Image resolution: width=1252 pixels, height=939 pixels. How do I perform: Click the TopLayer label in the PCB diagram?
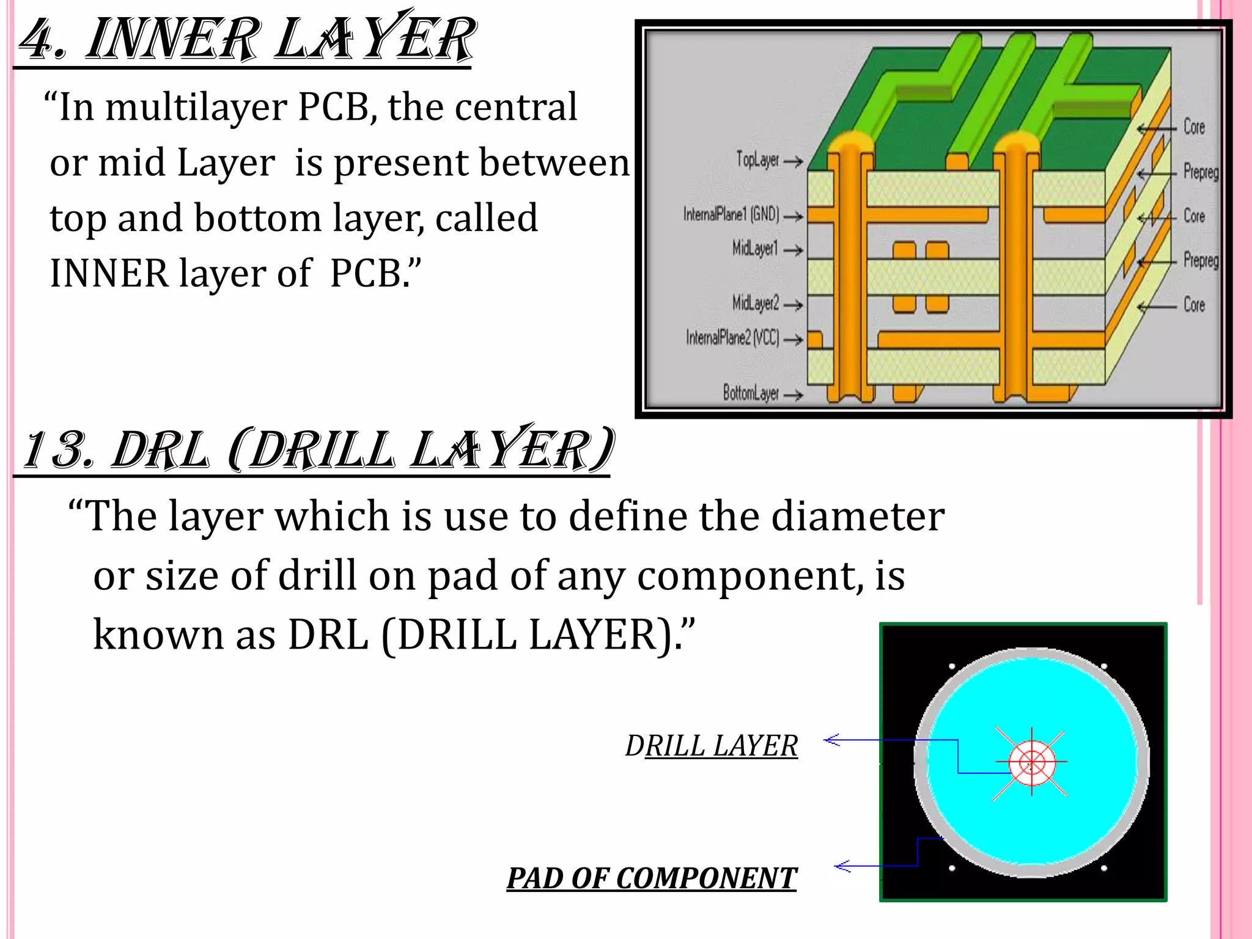757,160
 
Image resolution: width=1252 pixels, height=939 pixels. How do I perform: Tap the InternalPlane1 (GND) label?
731,215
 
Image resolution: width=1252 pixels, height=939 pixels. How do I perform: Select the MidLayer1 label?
755,248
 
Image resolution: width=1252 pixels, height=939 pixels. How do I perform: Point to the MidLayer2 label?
756,303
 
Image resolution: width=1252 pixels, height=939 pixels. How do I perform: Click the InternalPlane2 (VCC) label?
732,337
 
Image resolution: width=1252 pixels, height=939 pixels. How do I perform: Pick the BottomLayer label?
751,393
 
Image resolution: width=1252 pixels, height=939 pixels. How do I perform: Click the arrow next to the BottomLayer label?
793,396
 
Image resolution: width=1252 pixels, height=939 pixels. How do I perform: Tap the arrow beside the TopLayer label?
794,162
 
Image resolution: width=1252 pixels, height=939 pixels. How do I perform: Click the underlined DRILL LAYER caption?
712,746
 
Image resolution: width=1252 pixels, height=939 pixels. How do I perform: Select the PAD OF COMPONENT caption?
652,878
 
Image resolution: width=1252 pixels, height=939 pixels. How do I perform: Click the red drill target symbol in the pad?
1032,762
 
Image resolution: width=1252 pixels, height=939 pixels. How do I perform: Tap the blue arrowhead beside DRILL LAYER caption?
831,740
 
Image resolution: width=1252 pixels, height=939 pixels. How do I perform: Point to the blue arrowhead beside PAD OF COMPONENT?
842,866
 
